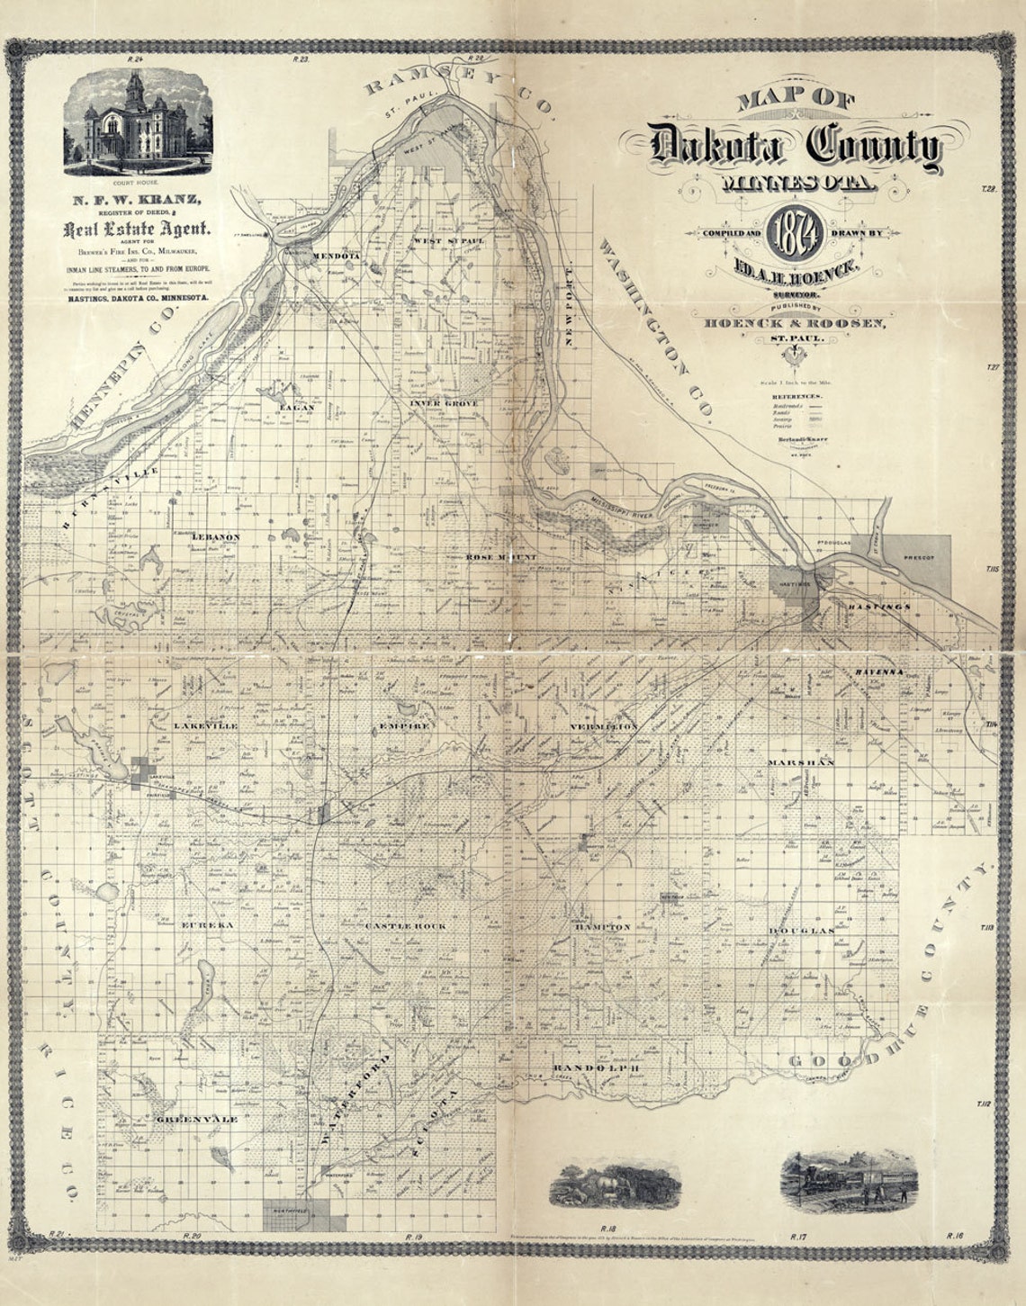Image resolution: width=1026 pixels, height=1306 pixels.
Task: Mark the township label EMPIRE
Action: coord(408,725)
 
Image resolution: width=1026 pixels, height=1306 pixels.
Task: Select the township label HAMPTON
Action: coord(603,926)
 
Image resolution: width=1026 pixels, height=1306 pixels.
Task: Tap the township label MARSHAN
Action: coord(801,762)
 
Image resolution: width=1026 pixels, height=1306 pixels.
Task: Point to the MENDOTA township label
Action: coord(335,257)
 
